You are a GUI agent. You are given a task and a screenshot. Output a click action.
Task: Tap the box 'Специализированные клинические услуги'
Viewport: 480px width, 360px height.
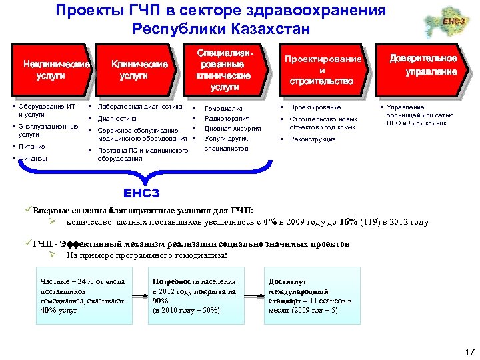223,69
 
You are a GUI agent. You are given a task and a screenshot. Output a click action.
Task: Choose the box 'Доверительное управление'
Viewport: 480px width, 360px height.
423,65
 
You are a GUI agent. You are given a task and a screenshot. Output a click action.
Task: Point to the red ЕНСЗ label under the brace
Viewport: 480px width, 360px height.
141,193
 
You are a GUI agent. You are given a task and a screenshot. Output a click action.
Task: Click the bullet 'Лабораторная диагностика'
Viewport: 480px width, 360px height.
139,107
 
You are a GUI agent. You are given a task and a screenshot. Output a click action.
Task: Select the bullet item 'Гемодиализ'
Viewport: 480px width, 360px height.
223,108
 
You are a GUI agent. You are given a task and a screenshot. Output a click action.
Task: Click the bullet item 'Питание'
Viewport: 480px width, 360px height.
32,146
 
